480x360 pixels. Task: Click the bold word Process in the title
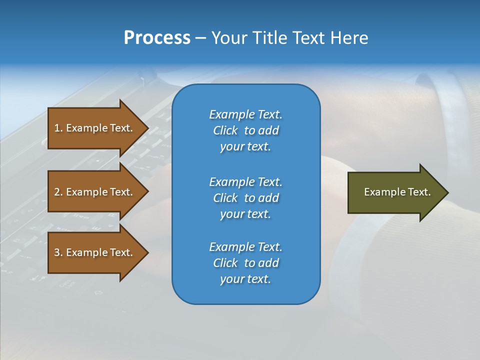click(157, 38)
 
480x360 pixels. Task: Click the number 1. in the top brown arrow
click(58, 128)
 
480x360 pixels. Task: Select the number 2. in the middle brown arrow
click(58, 192)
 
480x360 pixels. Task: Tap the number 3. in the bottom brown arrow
click(58, 252)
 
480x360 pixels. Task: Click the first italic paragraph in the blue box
click(245, 130)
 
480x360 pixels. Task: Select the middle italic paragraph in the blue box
click(245, 197)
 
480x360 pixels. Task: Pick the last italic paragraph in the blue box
click(245, 263)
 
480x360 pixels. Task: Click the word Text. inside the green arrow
click(418, 192)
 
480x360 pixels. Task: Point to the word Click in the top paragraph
click(225, 130)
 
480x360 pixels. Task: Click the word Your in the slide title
click(228, 38)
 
